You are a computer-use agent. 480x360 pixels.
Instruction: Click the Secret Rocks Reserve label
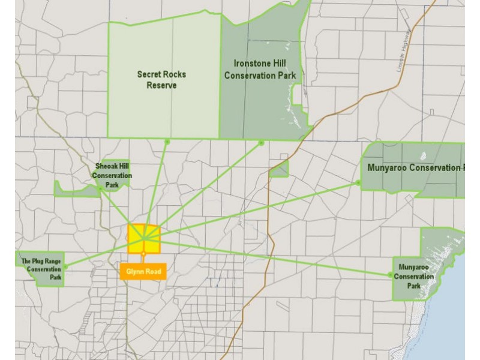tap(161, 79)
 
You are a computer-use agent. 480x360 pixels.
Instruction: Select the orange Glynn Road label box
tap(143, 271)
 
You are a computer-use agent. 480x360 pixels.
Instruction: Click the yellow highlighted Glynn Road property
tap(144, 239)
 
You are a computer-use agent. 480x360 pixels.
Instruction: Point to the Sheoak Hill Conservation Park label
tap(113, 176)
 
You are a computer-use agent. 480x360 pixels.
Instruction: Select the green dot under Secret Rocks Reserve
tap(167, 142)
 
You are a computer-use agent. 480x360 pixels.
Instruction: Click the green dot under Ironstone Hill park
tap(262, 142)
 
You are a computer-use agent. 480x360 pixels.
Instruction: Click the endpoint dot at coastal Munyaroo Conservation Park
tap(391, 275)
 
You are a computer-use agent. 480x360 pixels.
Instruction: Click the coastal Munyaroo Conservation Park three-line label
tap(415, 277)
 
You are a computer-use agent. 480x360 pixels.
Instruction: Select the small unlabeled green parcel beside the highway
tap(280, 170)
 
